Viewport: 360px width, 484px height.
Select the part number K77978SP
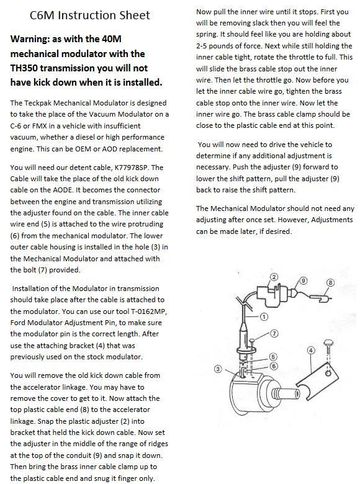[x=137, y=167]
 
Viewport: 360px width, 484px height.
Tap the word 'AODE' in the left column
[x=81, y=190]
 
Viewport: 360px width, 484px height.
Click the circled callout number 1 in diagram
[x=263, y=316]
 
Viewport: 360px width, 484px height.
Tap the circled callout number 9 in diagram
[x=303, y=280]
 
